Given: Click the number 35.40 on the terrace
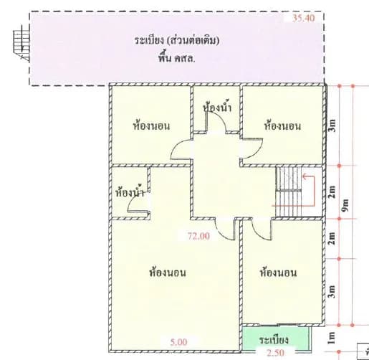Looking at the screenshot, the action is click(304, 18).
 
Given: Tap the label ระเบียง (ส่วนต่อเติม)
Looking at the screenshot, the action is click(176, 41).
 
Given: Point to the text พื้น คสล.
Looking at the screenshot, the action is click(176, 59).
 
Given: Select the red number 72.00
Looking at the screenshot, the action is click(198, 236).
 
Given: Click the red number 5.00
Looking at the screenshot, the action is click(178, 342).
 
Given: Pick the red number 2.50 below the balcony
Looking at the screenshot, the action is click(275, 353).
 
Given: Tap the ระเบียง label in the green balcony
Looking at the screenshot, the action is click(274, 340).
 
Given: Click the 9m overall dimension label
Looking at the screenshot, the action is click(345, 205).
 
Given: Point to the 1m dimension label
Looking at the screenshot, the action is click(332, 338).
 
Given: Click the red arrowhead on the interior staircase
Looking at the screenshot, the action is click(305, 176).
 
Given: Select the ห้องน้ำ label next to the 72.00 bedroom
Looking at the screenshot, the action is click(130, 192).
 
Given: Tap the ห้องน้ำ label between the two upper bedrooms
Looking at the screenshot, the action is click(217, 108).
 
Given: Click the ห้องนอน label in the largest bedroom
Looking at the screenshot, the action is click(168, 273).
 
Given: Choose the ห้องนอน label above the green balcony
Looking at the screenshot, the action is click(278, 273).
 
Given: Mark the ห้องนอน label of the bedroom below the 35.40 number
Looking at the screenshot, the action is click(282, 126).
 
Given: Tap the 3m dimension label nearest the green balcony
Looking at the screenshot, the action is click(332, 292).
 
